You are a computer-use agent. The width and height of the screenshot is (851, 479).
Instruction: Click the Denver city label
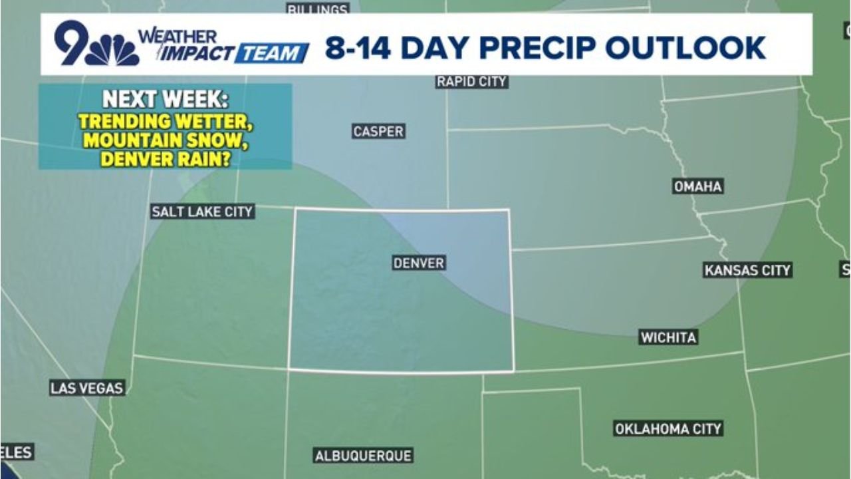418,263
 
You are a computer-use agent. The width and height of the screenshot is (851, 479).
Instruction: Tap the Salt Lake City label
202,212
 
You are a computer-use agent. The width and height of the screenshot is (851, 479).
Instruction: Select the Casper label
378,132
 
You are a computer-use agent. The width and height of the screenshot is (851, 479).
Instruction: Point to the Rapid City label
471,82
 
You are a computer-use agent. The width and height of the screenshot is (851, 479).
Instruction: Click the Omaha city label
697,187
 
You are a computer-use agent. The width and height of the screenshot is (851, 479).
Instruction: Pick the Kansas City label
747,270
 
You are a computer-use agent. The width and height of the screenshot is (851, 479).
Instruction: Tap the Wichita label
668,337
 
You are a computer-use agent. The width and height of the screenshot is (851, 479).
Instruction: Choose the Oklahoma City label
668,429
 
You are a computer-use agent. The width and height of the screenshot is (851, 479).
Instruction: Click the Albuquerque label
363,456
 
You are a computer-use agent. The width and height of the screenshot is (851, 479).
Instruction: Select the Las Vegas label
87,388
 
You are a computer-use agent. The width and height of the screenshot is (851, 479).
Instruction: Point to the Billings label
318,9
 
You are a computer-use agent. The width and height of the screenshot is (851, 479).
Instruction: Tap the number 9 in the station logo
72,43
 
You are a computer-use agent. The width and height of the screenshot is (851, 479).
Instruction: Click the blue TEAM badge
272,53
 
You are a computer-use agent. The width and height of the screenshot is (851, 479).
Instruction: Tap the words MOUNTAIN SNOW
165,141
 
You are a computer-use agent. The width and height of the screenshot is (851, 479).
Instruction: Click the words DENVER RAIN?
165,160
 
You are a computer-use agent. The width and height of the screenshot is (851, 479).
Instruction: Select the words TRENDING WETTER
165,122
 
